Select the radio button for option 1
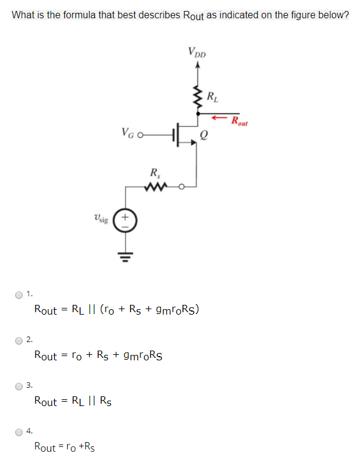[20, 295]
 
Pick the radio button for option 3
[20, 385]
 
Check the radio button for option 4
[20, 432]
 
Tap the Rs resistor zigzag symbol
[156, 187]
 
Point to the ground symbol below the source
[126, 254]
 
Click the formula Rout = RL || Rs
[73, 401]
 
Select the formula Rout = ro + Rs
[63, 447]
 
